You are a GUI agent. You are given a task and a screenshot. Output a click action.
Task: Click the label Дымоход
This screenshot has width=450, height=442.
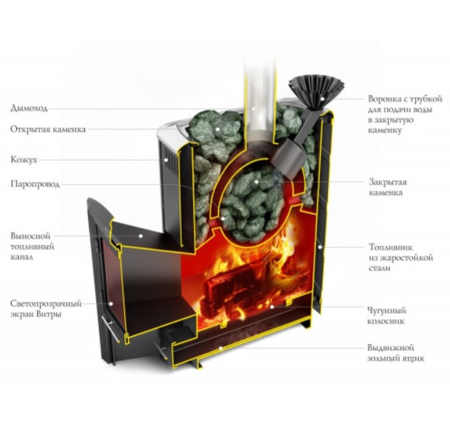pyautogui.click(x=29, y=108)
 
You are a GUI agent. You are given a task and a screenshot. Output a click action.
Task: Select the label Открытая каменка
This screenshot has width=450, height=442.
pyautogui.click(x=48, y=129)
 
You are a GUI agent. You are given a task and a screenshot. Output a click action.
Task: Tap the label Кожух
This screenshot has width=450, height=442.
pyautogui.click(x=24, y=158)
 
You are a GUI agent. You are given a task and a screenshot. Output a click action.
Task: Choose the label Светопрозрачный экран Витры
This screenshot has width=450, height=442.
pyautogui.click(x=46, y=308)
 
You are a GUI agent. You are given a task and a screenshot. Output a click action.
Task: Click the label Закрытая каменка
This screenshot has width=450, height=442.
pyautogui.click(x=388, y=187)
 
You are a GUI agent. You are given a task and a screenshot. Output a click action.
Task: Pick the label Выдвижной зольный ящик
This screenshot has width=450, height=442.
pyautogui.click(x=392, y=353)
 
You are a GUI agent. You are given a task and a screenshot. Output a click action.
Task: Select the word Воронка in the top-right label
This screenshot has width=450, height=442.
pyautogui.click(x=384, y=99)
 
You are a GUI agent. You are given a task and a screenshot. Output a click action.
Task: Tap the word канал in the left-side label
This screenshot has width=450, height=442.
pyautogui.click(x=22, y=257)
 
